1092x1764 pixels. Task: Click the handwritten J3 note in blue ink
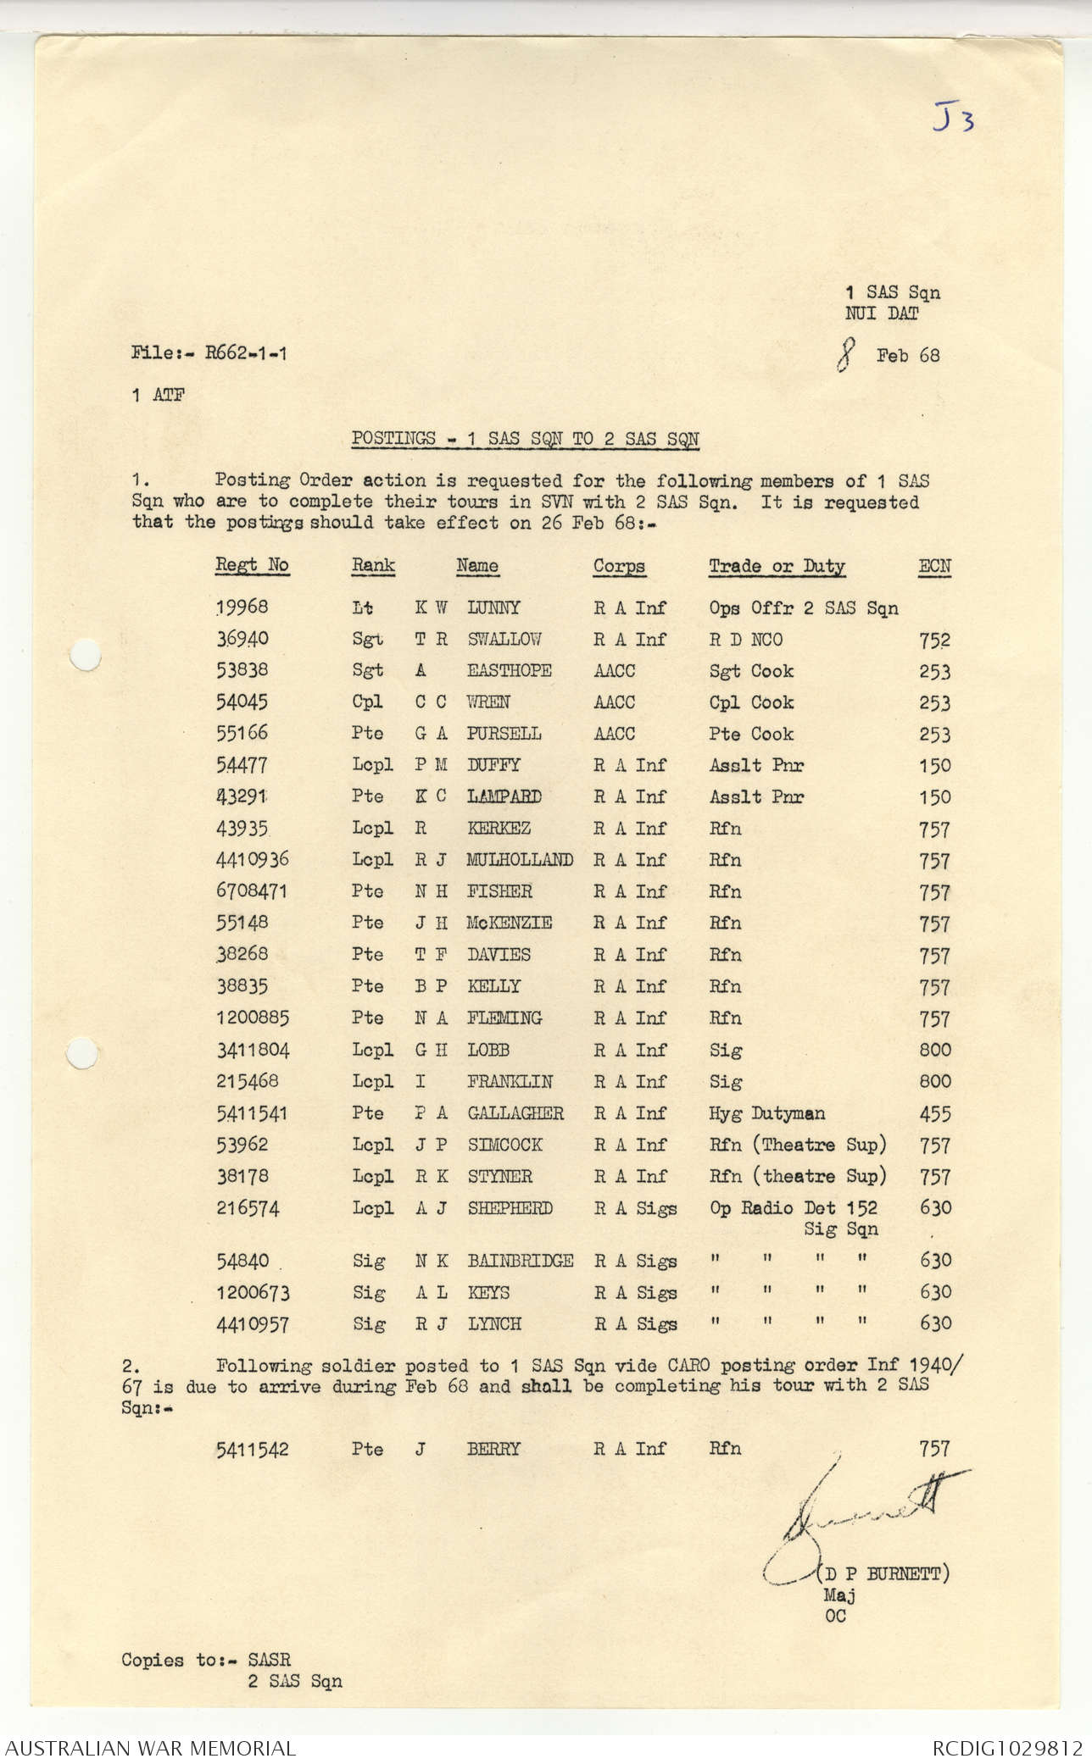953,118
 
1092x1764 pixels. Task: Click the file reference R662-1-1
246,353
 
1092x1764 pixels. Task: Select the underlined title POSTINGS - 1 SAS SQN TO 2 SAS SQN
526,439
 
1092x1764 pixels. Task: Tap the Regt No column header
252,565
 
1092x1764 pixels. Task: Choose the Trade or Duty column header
777,566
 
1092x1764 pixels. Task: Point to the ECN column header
934,566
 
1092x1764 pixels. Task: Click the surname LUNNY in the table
493,607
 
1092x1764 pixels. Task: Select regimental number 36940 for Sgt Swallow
242,639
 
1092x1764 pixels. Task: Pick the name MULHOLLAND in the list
519,860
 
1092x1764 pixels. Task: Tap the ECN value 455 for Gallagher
934,1114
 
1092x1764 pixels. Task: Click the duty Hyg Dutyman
766,1113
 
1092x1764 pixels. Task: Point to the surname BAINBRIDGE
520,1261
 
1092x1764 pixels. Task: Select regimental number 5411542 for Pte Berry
252,1449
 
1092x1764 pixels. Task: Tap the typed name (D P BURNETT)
883,1574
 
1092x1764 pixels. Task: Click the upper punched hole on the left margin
84,654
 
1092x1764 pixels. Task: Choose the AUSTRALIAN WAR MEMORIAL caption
150,1748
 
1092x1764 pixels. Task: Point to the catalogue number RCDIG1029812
1007,1748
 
